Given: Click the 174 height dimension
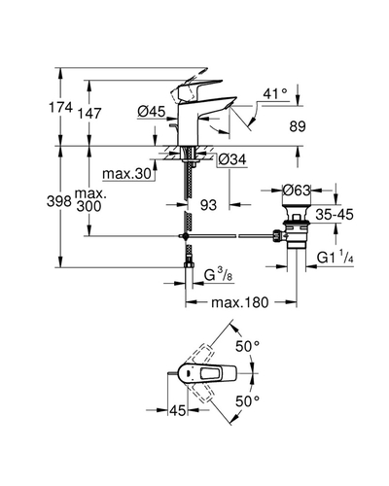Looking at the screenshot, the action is click(60, 107).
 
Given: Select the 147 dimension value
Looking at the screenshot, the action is click(89, 114).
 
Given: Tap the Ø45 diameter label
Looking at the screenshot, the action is click(152, 112).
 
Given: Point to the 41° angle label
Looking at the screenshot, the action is click(275, 94).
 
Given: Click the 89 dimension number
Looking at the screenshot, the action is click(298, 126).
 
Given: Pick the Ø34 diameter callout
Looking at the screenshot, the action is click(232, 159).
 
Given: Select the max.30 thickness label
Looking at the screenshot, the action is click(127, 174).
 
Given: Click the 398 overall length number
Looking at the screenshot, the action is click(58, 201).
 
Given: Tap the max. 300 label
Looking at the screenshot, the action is click(89, 200).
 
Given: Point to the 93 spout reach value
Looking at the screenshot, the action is click(208, 205).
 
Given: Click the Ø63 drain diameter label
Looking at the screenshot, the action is click(297, 191).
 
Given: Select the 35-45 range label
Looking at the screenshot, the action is click(335, 215).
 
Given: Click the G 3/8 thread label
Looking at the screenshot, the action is click(218, 275).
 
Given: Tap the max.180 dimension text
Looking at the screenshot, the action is click(240, 302).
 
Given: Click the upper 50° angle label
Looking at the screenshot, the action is click(247, 347).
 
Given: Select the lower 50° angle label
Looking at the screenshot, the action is click(247, 401).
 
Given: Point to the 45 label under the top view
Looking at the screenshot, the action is click(178, 411).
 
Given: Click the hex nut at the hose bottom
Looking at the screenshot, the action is click(189, 265).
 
